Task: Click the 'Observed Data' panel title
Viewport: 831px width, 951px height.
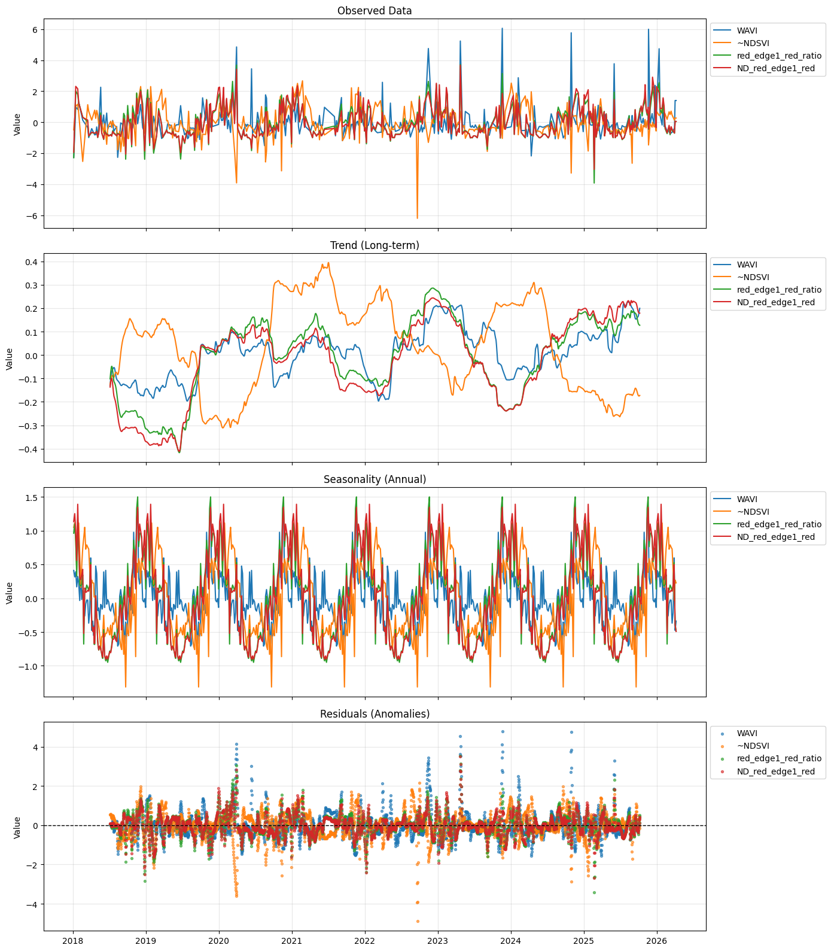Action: pos(375,11)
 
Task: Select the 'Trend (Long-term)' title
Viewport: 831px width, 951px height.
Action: pos(375,245)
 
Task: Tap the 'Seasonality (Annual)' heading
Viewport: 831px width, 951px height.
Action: pos(375,479)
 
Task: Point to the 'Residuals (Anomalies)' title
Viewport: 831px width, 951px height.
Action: pos(375,714)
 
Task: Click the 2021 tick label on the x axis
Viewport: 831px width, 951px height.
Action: pos(292,941)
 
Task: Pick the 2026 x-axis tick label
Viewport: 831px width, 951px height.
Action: pos(657,941)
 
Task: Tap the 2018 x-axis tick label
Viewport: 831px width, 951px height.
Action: pos(73,941)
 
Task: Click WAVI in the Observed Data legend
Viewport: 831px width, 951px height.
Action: pos(747,31)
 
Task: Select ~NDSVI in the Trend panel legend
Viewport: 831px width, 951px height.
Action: pos(753,278)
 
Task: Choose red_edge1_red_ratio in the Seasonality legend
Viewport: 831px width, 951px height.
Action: pos(778,524)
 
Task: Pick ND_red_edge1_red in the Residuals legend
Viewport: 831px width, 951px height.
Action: pos(775,771)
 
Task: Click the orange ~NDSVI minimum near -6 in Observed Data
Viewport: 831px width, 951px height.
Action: pos(417,218)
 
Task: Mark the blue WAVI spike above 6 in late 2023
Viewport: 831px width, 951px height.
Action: pos(502,28)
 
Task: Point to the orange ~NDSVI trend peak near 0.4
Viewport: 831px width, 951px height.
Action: pos(328,263)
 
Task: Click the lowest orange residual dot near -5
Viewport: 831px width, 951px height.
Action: pos(418,921)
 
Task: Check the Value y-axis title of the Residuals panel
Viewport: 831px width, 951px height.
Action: pos(17,827)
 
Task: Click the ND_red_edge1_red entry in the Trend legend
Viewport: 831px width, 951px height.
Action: pos(775,303)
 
